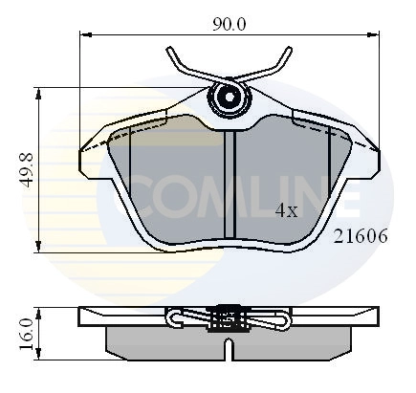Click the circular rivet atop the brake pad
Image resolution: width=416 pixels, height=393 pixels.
(230, 97)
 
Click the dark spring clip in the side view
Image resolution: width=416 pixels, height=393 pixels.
(230, 317)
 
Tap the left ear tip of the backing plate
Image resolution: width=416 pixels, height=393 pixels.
(81, 150)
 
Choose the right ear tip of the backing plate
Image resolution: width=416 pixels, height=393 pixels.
(378, 150)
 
